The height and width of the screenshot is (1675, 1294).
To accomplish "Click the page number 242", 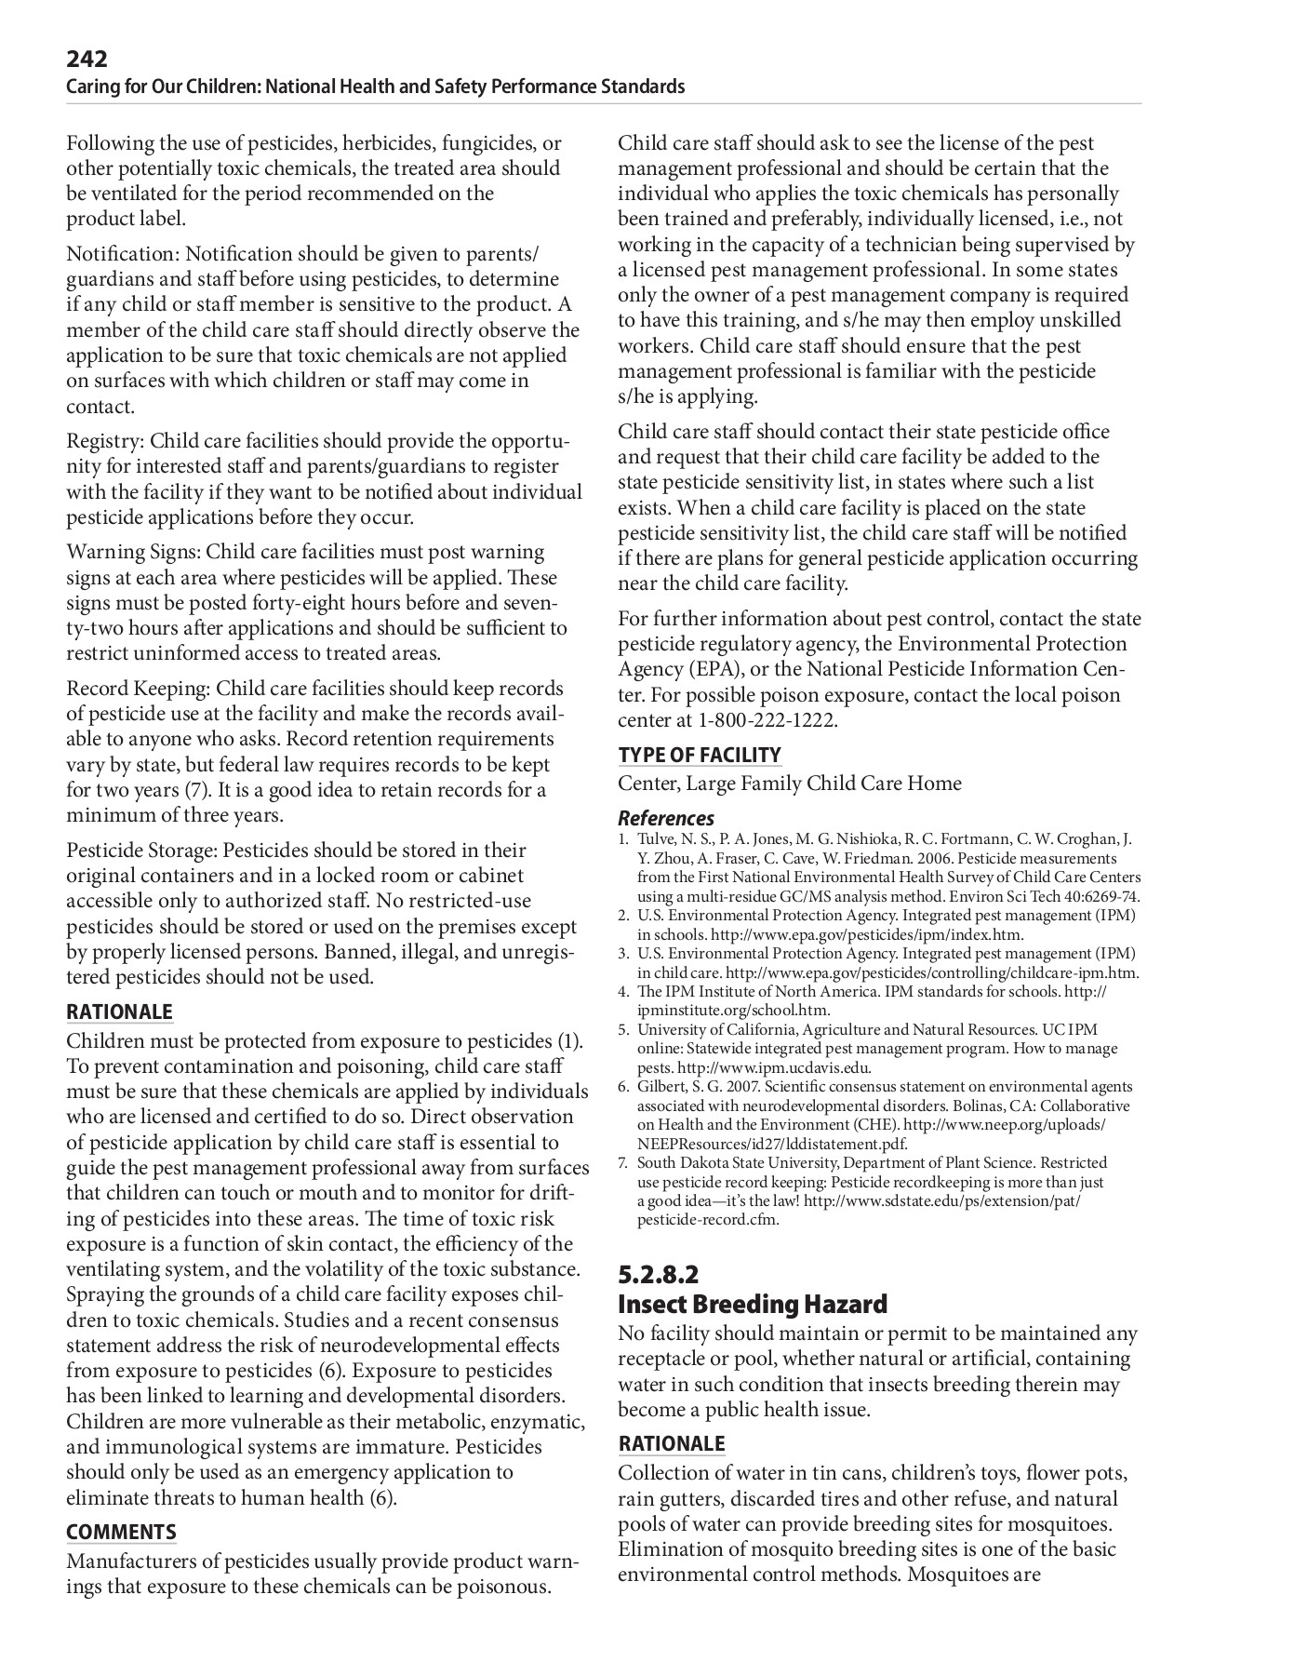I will pyautogui.click(x=87, y=60).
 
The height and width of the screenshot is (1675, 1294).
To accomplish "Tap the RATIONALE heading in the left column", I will pyautogui.click(x=119, y=1012).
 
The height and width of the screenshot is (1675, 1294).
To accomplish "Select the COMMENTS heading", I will pyautogui.click(x=121, y=1532).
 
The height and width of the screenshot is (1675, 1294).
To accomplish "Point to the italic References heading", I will pyautogui.click(x=666, y=818).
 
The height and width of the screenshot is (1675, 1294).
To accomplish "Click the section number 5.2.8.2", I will pyautogui.click(x=658, y=1273).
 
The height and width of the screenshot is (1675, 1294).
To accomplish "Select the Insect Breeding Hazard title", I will pyautogui.click(x=753, y=1304).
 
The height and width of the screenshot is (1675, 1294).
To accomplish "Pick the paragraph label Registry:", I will pyautogui.click(x=105, y=441).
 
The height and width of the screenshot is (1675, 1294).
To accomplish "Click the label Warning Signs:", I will pyautogui.click(x=133, y=552).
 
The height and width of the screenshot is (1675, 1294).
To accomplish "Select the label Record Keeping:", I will pyautogui.click(x=138, y=689).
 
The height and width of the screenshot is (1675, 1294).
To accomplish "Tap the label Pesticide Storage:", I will pyautogui.click(x=141, y=851).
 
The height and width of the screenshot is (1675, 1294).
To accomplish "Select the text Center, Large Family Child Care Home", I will pyautogui.click(x=790, y=784).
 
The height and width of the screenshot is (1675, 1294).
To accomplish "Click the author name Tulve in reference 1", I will pyautogui.click(x=654, y=838).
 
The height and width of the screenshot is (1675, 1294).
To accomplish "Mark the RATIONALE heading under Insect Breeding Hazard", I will pyautogui.click(x=672, y=1443).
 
